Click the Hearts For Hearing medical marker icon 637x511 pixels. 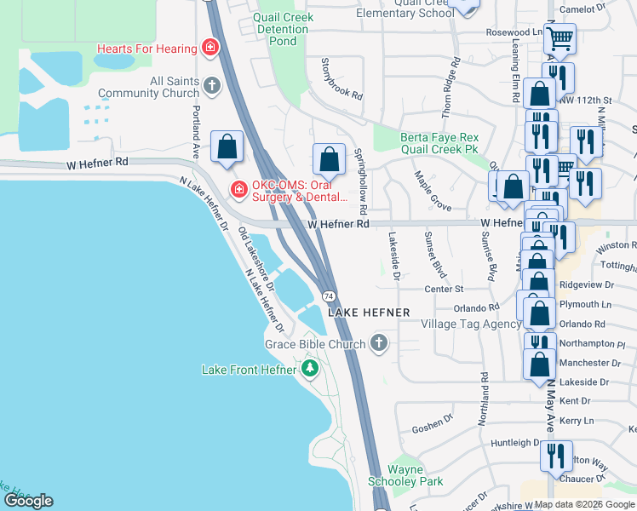[x=209, y=48]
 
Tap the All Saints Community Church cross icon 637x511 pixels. [x=212, y=86]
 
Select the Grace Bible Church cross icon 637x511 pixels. [x=379, y=344]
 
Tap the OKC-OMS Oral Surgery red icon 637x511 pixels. [x=238, y=189]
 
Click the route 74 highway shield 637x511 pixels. [x=328, y=296]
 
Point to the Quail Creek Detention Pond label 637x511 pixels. [x=283, y=29]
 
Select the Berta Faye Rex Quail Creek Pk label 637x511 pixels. [x=439, y=143]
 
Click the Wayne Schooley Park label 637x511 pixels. [x=416, y=475]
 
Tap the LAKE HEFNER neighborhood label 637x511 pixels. [x=369, y=313]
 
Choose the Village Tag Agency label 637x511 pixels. [x=473, y=324]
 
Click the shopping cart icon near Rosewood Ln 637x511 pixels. [x=560, y=37]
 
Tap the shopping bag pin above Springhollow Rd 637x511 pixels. [x=329, y=158]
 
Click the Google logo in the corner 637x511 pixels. [x=28, y=500]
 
